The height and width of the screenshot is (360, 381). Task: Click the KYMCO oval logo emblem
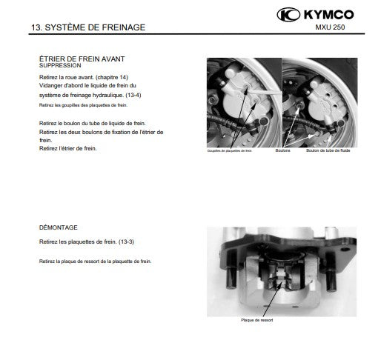(288, 15)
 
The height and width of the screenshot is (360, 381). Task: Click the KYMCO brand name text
(328, 15)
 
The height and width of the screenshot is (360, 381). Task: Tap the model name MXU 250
(330, 27)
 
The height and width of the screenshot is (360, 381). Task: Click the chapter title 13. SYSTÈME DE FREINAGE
(88, 27)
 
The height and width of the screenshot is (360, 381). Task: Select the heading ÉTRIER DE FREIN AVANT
(82, 59)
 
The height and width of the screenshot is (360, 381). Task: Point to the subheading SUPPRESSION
(60, 65)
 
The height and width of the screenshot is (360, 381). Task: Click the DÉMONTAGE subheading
(59, 227)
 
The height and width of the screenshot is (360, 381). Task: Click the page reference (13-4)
(133, 95)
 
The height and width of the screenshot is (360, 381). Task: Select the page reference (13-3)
(126, 241)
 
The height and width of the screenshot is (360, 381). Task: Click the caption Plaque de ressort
(257, 320)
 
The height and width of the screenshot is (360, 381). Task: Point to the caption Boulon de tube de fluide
(328, 150)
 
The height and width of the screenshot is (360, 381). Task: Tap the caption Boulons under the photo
(282, 150)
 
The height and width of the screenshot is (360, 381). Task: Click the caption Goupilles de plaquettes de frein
(230, 150)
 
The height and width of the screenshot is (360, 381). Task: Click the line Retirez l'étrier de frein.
(68, 148)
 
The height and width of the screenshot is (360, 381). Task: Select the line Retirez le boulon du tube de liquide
(93, 123)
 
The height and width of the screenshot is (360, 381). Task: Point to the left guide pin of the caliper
(231, 277)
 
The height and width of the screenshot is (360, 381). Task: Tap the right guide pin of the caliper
(331, 280)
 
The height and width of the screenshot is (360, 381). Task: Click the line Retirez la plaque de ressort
(95, 261)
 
